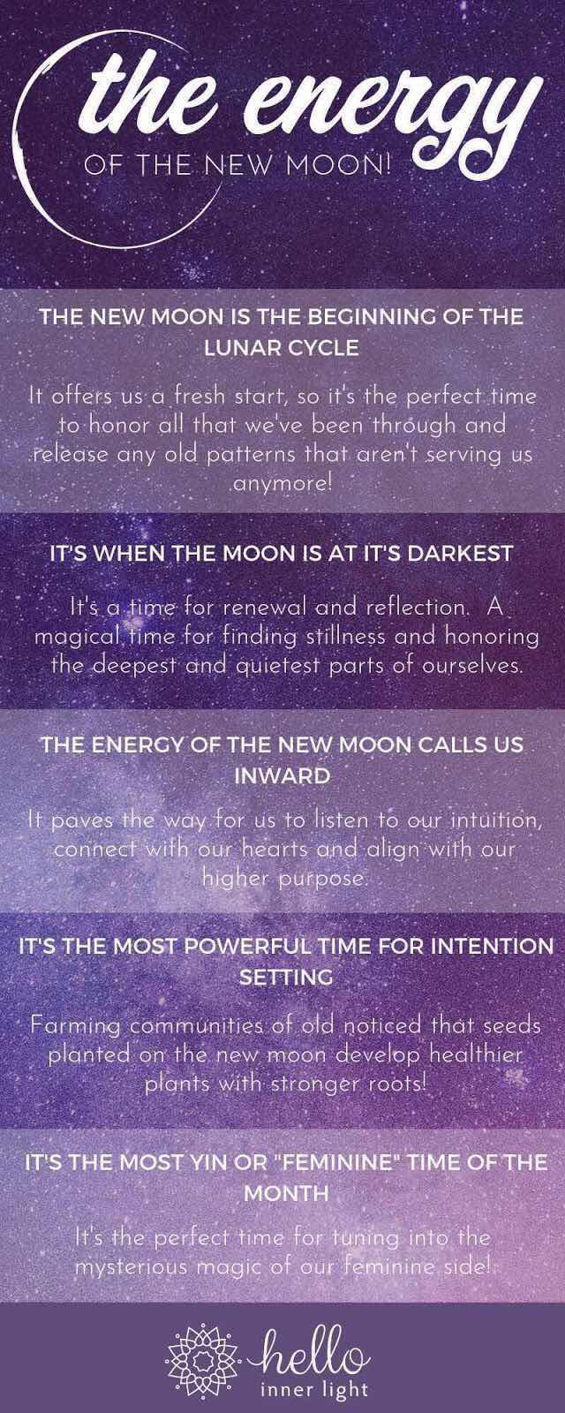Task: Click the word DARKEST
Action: pyautogui.click(x=460, y=553)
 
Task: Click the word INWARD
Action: pyautogui.click(x=282, y=776)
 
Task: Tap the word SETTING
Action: pyautogui.click(x=286, y=977)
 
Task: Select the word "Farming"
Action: pyautogui.click(x=76, y=1026)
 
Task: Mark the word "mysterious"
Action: pyautogui.click(x=132, y=1267)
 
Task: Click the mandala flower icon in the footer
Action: pyautogui.click(x=202, y=1358)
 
